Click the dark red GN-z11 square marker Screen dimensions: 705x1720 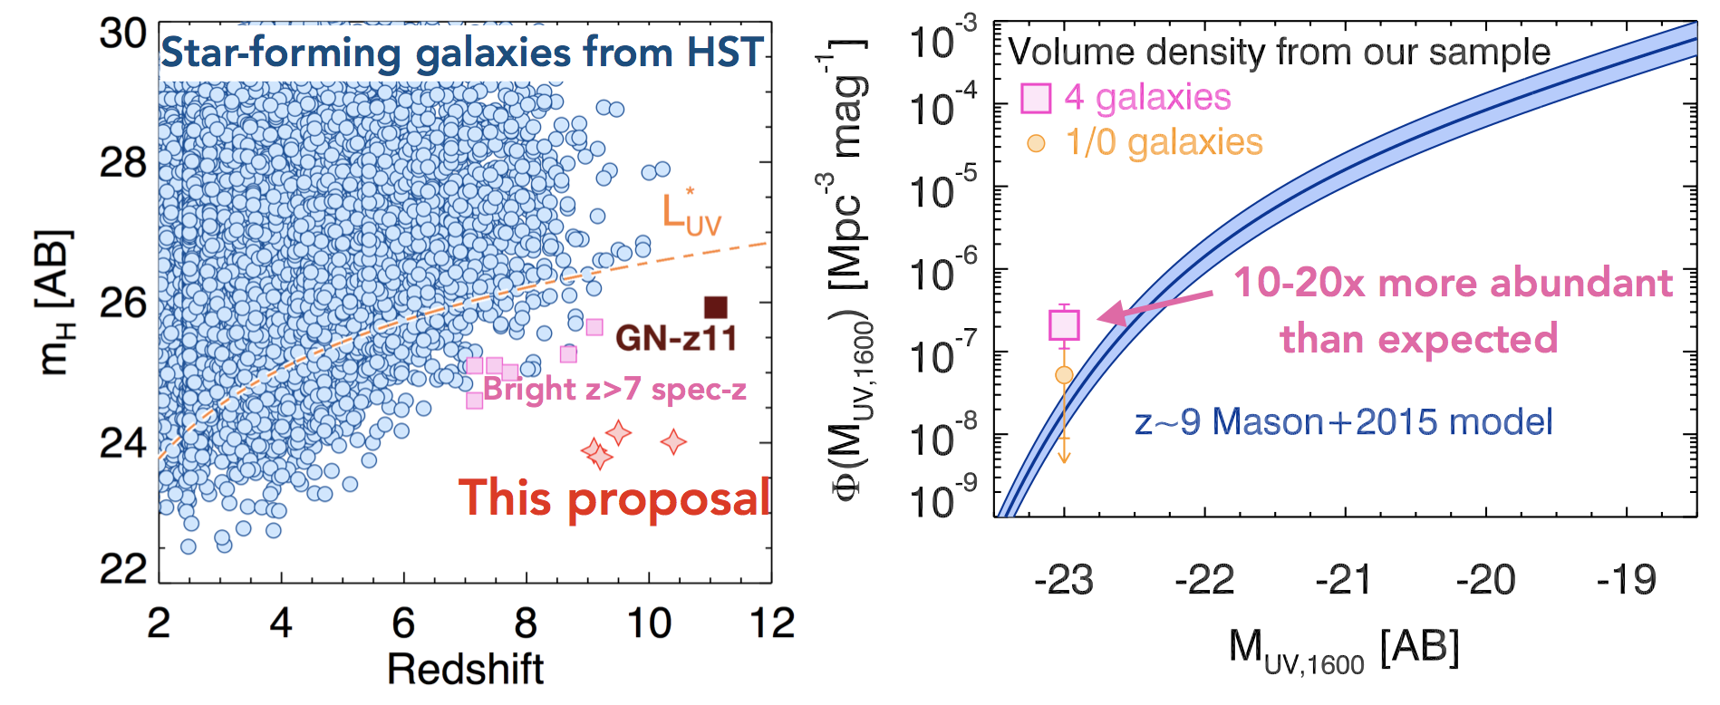click(716, 307)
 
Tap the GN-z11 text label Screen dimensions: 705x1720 click(676, 339)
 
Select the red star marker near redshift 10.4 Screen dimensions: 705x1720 click(673, 442)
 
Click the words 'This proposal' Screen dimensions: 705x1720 click(614, 499)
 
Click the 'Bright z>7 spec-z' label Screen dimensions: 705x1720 click(614, 390)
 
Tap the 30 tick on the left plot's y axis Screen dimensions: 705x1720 click(123, 34)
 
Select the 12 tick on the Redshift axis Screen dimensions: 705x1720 click(772, 623)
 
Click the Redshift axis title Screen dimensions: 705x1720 click(465, 670)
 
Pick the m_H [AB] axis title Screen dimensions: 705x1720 click(56, 304)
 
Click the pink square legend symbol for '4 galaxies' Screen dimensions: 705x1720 click(1036, 98)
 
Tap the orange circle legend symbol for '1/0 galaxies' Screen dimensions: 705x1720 click(1036, 143)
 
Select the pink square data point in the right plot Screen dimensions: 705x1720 click(1065, 324)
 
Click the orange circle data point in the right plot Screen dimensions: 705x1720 click(1064, 375)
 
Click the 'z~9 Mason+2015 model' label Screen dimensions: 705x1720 click(1343, 422)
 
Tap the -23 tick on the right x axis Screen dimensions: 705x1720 click(1064, 581)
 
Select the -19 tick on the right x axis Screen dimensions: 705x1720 click(1626, 581)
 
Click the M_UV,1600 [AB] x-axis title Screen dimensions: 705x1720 click(1343, 651)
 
